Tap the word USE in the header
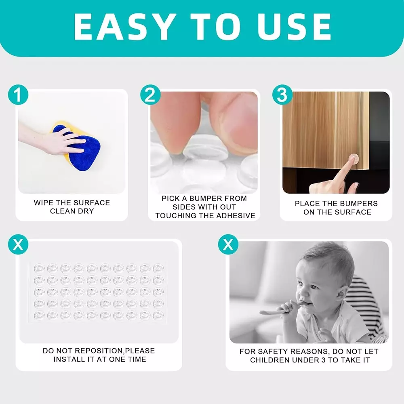pyautogui.click(x=294, y=27)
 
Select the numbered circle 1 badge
pyautogui.click(x=18, y=95)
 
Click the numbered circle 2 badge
pyautogui.click(x=150, y=95)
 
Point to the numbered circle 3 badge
pyautogui.click(x=283, y=95)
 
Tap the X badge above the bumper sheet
pyautogui.click(x=18, y=244)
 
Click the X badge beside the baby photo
pyautogui.click(x=228, y=244)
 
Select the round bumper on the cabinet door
pyautogui.click(x=353, y=158)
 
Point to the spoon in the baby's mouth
pyautogui.click(x=281, y=309)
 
